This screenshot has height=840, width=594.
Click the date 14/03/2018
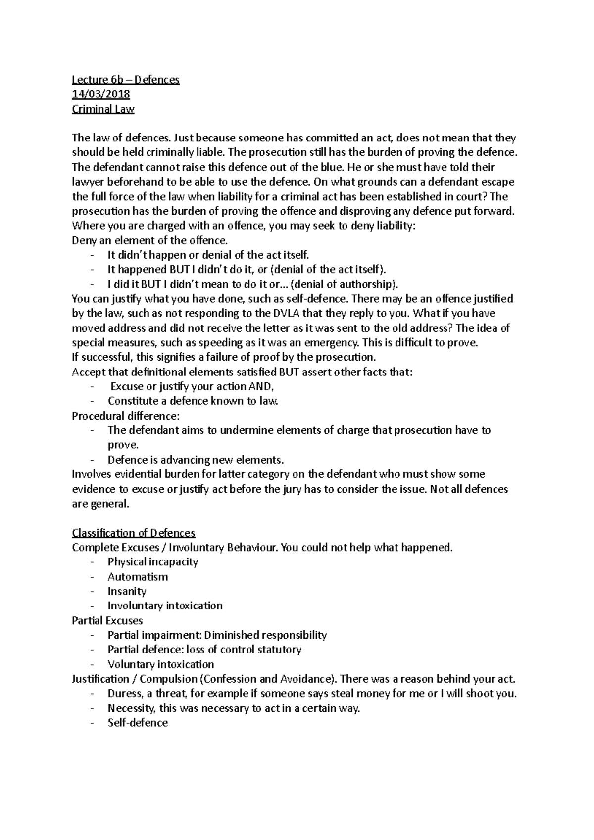[101, 94]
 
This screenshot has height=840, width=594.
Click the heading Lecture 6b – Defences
[126, 80]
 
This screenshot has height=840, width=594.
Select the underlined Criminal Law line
[103, 109]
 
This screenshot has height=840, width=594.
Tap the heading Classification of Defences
[134, 533]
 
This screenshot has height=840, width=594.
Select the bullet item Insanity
[127, 591]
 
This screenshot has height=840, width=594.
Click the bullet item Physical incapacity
[152, 562]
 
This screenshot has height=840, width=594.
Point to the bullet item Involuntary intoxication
[165, 606]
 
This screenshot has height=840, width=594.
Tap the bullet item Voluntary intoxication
[161, 664]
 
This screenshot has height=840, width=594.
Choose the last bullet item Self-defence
[138, 723]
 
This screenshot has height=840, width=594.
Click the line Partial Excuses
[107, 620]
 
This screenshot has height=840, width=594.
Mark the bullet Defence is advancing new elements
[196, 460]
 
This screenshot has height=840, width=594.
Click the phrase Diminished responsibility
[265, 635]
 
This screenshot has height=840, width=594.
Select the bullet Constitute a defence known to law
[193, 401]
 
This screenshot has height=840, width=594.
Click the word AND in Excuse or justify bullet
[262, 386]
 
